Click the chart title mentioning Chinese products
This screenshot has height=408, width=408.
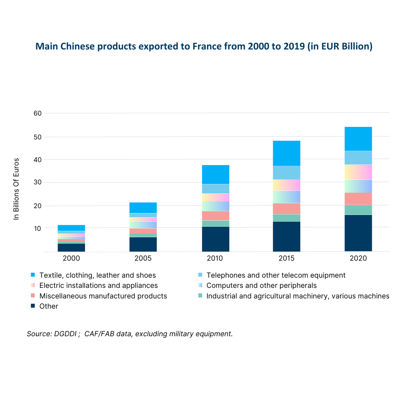(204, 46)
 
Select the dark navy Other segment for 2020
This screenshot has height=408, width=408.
(358, 233)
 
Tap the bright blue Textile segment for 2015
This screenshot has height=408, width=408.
(286, 153)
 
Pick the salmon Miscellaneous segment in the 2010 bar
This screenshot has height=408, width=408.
(215, 215)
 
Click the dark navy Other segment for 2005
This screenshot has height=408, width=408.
(143, 244)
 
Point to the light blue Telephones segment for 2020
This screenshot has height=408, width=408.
(358, 158)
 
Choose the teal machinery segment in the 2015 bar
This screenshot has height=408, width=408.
(286, 218)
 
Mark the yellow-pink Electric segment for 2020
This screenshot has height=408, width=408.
(358, 172)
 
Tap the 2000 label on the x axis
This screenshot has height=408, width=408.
(71, 259)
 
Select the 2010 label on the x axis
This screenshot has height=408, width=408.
(215, 259)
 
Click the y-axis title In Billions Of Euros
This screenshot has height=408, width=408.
(16, 189)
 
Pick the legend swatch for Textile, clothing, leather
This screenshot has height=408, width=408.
(33, 275)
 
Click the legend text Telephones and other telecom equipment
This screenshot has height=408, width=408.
(276, 275)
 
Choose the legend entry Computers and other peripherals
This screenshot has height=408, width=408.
(261, 286)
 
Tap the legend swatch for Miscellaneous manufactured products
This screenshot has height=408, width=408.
(33, 296)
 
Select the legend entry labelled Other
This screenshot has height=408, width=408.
(49, 306)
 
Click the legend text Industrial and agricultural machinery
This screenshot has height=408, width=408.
(298, 296)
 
